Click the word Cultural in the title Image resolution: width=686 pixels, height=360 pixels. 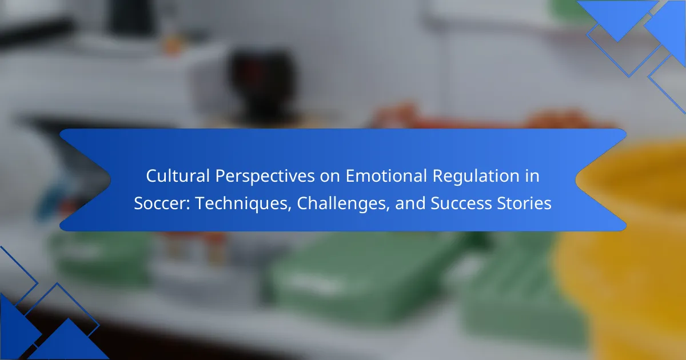(x=178, y=176)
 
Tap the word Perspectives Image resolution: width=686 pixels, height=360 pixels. (x=265, y=177)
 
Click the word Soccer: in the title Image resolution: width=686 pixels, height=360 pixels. (x=162, y=203)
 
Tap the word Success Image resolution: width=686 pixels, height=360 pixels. (x=461, y=203)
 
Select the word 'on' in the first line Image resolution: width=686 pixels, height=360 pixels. (x=330, y=178)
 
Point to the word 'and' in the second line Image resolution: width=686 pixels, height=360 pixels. (x=410, y=203)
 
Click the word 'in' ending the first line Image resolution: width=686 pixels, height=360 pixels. (x=532, y=176)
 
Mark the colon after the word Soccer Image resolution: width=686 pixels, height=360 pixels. (x=188, y=205)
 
